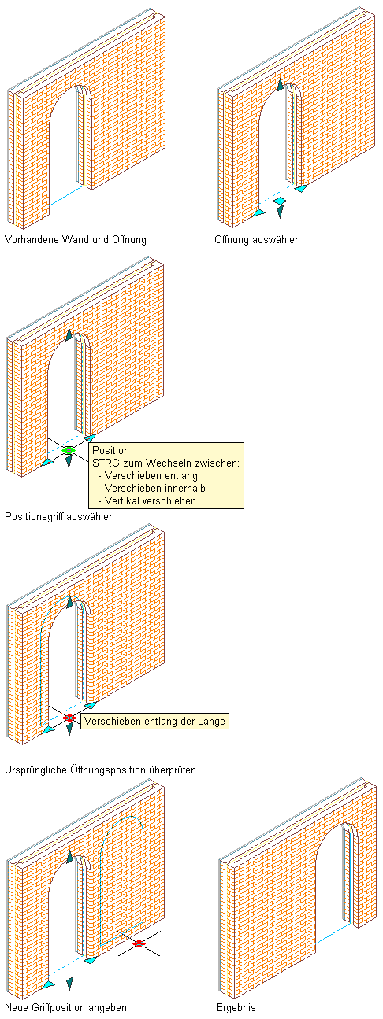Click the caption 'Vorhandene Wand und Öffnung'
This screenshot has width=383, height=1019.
(76, 239)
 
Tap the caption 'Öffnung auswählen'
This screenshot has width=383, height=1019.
(258, 239)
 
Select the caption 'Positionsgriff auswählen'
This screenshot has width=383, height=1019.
(59, 516)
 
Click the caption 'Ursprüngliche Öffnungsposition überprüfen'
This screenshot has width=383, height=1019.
(100, 770)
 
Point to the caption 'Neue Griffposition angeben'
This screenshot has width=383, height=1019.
(65, 1007)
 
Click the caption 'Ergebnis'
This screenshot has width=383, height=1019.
(236, 1007)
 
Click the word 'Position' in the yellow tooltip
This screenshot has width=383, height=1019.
(110, 450)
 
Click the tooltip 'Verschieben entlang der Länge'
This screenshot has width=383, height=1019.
(154, 721)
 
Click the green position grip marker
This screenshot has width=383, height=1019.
(69, 450)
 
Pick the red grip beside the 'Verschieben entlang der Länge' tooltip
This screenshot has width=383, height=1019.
(69, 718)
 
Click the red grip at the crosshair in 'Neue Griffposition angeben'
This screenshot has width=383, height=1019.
(139, 943)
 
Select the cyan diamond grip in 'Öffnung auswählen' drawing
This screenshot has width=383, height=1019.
(280, 201)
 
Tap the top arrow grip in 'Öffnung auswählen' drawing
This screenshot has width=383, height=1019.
(280, 85)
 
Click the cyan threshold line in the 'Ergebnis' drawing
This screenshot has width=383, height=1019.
(333, 932)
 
